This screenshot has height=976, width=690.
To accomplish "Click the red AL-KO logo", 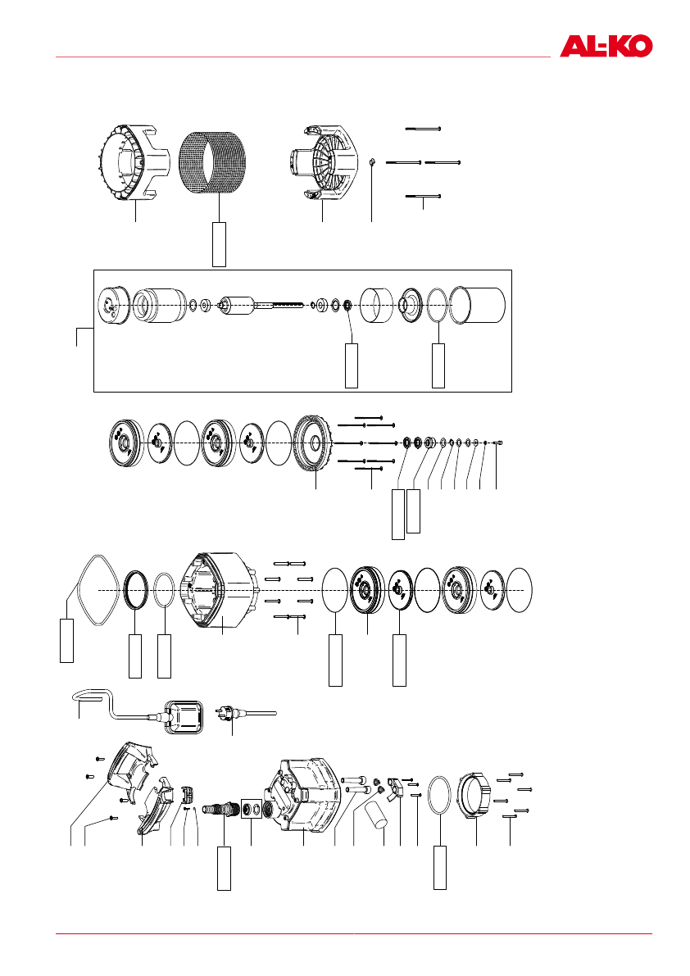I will (606, 45).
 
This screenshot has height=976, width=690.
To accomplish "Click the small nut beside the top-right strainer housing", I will (371, 162).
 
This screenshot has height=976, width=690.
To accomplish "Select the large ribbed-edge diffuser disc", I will (313, 442).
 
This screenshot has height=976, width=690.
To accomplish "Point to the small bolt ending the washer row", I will (497, 443).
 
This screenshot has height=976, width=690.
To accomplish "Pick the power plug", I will (225, 712).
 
